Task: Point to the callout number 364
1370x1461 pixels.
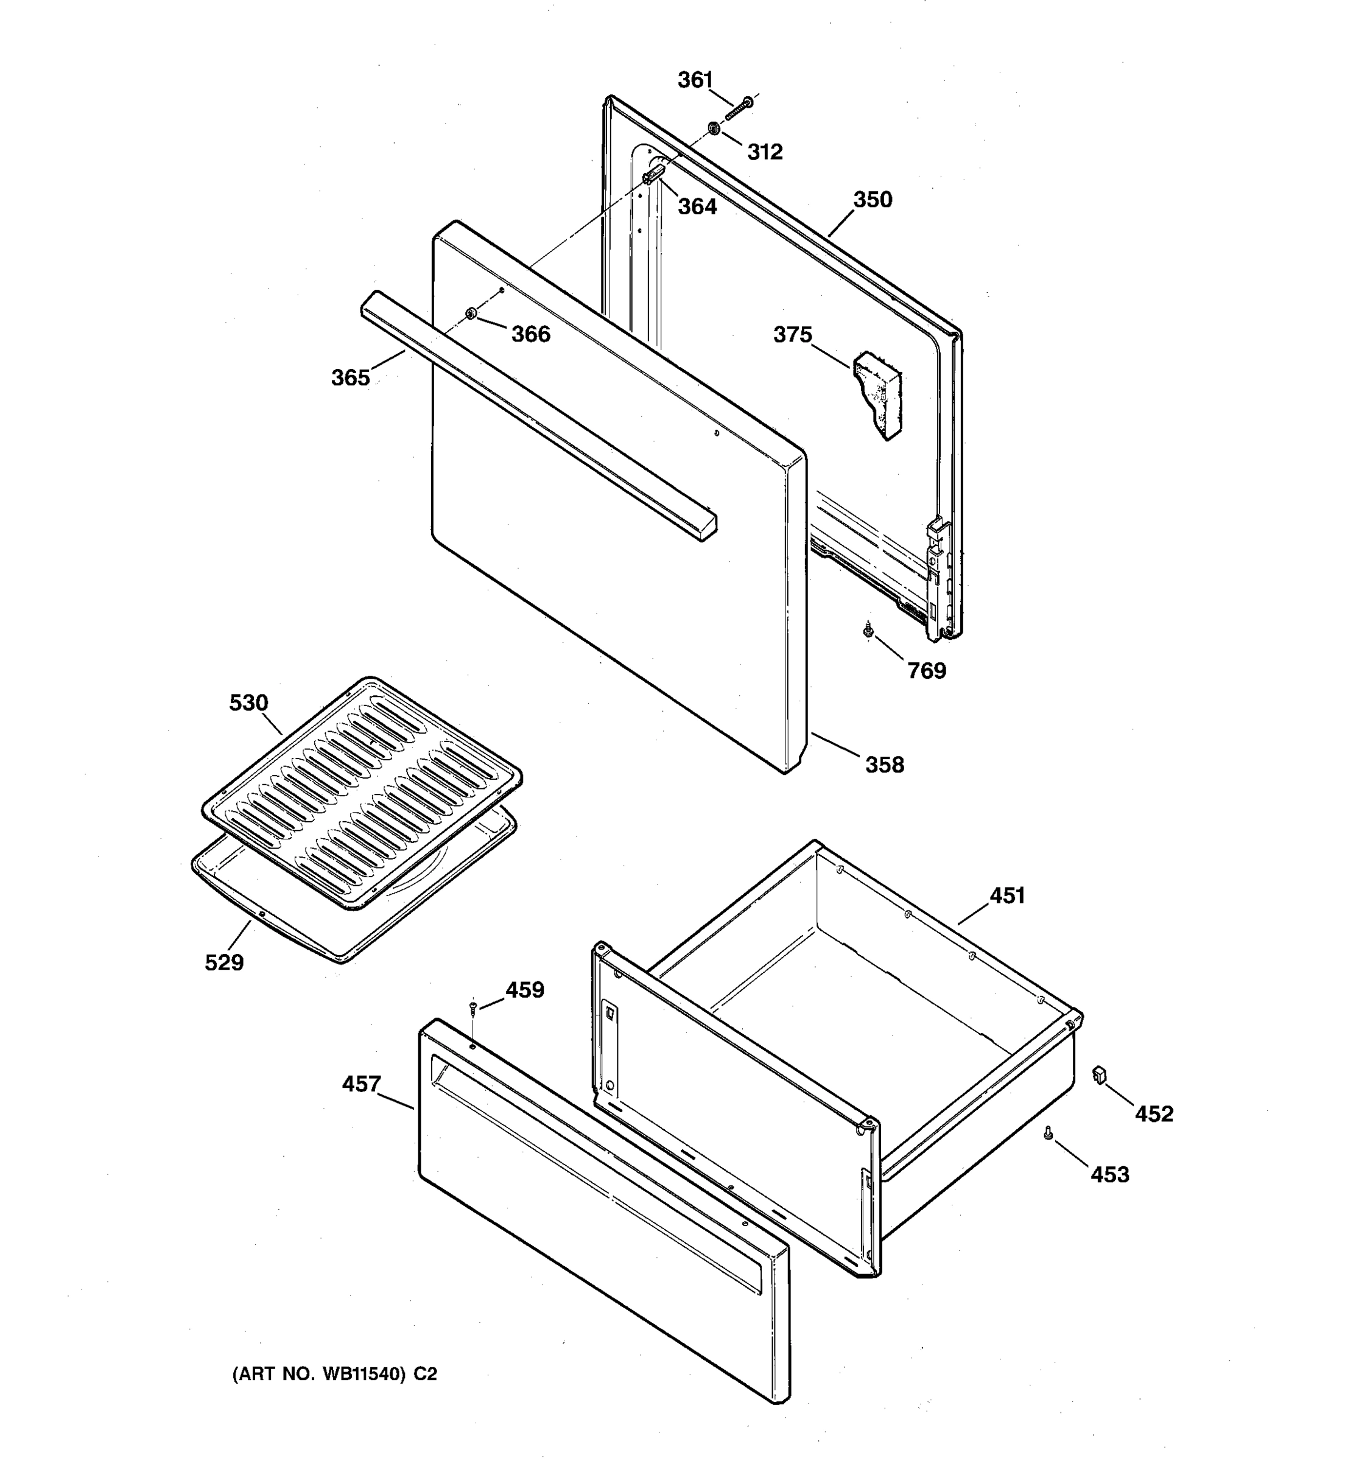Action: [697, 206]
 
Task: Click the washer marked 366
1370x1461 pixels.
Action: [471, 315]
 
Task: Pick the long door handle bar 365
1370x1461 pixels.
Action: [536, 416]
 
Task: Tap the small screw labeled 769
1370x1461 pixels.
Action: [868, 629]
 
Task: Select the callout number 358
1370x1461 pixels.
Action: [884, 765]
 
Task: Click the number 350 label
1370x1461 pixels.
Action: [873, 200]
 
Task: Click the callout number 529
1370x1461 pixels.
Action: [224, 962]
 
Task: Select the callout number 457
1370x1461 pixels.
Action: [361, 1084]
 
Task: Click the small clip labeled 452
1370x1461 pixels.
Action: [1100, 1074]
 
